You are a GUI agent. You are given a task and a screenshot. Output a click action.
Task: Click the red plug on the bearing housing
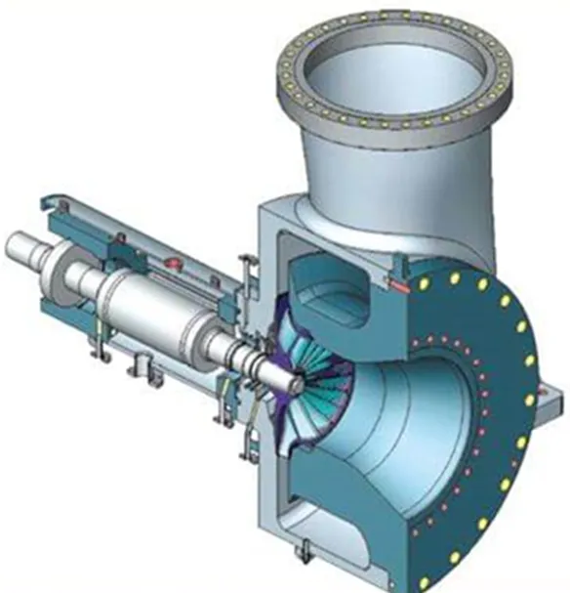pos(176,263)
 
